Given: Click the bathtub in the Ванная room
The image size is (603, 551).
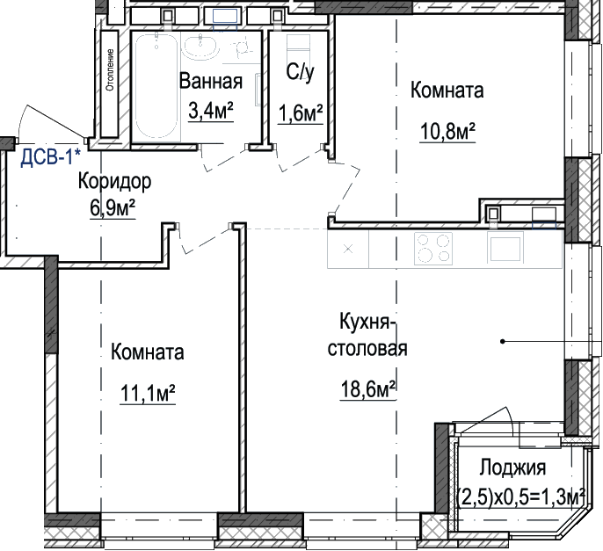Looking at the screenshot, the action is pyautogui.click(x=157, y=86).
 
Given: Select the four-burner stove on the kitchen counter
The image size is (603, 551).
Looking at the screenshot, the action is pyautogui.click(x=433, y=249).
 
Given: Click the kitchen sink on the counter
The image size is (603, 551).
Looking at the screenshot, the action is pyautogui.click(x=505, y=248).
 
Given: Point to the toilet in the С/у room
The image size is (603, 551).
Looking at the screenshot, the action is pyautogui.click(x=299, y=49).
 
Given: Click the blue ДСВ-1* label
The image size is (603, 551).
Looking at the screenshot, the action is pyautogui.click(x=51, y=157).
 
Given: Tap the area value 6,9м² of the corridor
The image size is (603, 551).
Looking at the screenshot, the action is pyautogui.click(x=113, y=208).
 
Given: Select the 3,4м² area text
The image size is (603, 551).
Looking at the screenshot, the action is pyautogui.click(x=211, y=111).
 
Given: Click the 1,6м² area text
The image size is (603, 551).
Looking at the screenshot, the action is pyautogui.click(x=301, y=113).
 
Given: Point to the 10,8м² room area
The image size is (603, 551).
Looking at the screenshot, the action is pyautogui.click(x=447, y=132).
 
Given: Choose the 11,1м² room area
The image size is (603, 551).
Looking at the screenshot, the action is pyautogui.click(x=148, y=393).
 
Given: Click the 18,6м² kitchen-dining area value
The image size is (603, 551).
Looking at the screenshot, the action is pyautogui.click(x=367, y=389).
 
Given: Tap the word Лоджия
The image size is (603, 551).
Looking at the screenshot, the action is pyautogui.click(x=512, y=468).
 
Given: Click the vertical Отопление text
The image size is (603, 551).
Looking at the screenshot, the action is pyautogui.click(x=111, y=69).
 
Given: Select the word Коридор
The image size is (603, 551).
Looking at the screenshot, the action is pyautogui.click(x=114, y=181).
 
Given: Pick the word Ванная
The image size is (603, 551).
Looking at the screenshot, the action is pyautogui.click(x=211, y=81).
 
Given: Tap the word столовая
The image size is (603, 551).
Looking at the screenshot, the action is pyautogui.click(x=367, y=348).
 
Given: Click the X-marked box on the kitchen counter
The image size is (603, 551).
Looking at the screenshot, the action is pyautogui.click(x=348, y=249).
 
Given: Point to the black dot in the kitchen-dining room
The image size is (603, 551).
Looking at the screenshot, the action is pyautogui.click(x=502, y=341).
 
